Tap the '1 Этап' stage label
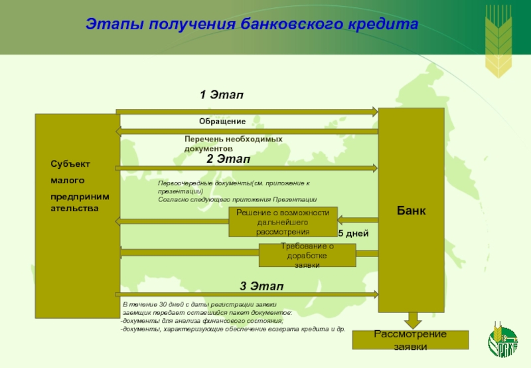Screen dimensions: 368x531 pos(222,96)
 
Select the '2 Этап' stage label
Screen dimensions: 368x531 pos(228,159)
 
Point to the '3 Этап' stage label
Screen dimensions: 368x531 pos(262,286)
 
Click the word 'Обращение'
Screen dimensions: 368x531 pos(222,122)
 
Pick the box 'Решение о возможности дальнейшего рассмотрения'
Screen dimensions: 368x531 pos(283,222)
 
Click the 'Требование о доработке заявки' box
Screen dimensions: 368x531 pos(307,255)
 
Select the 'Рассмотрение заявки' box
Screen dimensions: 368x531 pos(410,339)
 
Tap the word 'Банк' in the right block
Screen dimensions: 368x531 pos(411,211)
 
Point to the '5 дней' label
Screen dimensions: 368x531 pos(352,234)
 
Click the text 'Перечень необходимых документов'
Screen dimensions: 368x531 pos(234,143)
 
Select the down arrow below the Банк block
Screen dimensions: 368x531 pos(412,320)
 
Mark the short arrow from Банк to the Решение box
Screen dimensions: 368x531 pos(358,220)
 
